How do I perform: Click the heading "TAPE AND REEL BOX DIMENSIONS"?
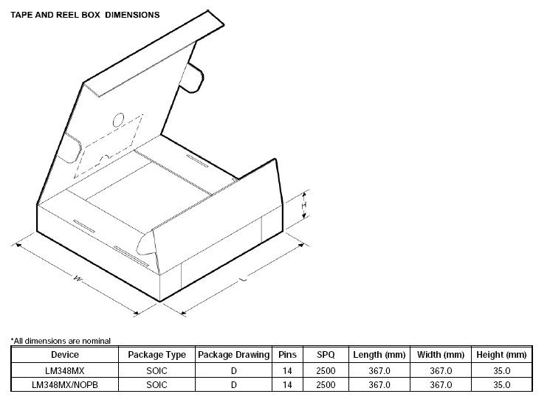tap(85, 15)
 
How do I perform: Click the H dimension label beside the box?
tap(303, 205)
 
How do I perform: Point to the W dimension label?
tap(78, 278)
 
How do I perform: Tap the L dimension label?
tap(243, 279)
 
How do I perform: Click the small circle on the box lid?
tap(119, 120)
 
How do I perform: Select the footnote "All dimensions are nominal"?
tap(61, 341)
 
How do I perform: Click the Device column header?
tap(65, 355)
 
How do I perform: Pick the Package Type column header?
tap(157, 355)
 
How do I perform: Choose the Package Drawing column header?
tap(233, 355)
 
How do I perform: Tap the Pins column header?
tap(287, 355)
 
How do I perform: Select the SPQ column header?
tap(326, 355)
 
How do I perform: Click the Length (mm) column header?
tap(379, 355)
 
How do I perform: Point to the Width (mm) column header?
tap(441, 355)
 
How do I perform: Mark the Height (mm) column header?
tap(501, 355)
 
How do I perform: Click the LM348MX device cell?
tap(65, 370)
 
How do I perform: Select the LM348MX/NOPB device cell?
tap(65, 384)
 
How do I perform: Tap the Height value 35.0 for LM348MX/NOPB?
tap(501, 384)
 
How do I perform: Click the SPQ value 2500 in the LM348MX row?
tap(326, 370)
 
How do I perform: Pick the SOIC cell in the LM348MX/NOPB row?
tap(157, 384)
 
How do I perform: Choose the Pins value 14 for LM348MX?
tap(287, 370)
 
